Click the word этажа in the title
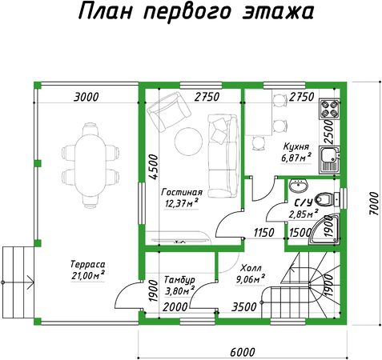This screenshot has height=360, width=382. click(x=278, y=12)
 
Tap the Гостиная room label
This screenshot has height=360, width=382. click(x=182, y=192)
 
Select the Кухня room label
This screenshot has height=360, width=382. click(x=296, y=146)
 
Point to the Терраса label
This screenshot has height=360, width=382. click(x=88, y=264)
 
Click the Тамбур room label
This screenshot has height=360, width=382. click(x=179, y=280)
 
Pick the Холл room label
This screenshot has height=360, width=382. click(x=251, y=268)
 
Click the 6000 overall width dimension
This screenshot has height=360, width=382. click(x=243, y=352)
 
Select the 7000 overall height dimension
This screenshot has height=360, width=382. click(x=374, y=203)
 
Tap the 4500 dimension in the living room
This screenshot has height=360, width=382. click(x=154, y=167)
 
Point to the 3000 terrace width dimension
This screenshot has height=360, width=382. click(x=86, y=97)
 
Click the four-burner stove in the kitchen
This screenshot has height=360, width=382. click(x=330, y=110)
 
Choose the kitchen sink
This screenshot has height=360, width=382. click(x=330, y=159)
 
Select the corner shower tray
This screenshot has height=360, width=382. click(x=324, y=229)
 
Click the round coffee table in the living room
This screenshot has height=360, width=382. click(x=188, y=142)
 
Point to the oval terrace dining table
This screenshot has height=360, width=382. click(x=90, y=166)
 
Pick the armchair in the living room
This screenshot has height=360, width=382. click(x=169, y=112)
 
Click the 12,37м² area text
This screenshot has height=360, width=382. click(x=182, y=203)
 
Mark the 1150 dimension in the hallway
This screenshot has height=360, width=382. click(x=263, y=233)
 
